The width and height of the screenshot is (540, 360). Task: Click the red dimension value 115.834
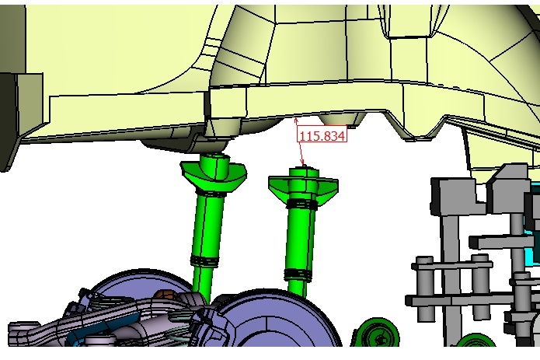322,136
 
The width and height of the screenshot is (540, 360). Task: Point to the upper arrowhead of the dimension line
296,121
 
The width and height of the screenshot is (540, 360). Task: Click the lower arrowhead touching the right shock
303,163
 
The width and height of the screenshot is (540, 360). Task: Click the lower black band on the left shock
204,260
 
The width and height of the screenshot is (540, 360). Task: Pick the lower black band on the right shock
298,274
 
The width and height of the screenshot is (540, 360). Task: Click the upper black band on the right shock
301,204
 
